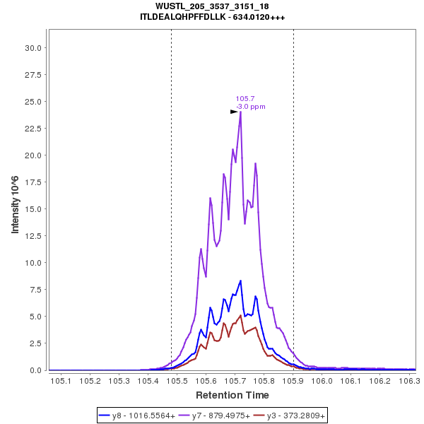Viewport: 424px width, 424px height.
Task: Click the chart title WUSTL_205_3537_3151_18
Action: point(213,6)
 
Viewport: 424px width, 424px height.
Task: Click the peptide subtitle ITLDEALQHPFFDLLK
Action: point(213,17)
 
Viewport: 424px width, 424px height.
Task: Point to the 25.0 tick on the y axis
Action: point(30,102)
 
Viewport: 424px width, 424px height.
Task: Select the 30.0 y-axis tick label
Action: point(30,48)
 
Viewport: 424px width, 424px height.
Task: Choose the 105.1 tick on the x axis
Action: point(61,381)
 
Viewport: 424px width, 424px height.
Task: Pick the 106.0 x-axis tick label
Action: point(323,381)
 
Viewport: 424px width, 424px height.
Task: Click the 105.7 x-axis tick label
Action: point(235,381)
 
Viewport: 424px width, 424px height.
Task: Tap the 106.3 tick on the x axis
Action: point(410,381)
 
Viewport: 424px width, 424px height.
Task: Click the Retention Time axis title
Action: point(232,395)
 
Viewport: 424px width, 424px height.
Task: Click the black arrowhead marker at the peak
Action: point(234,112)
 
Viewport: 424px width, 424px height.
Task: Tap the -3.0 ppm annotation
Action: point(251,107)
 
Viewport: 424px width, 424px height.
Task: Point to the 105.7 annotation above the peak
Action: point(245,99)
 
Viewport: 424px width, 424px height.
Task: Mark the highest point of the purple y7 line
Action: point(241,112)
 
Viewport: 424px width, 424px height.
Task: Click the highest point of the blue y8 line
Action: point(241,281)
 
